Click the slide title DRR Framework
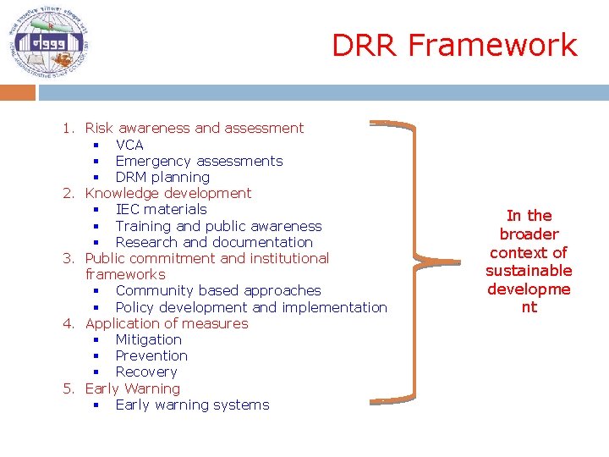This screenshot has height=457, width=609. [454, 45]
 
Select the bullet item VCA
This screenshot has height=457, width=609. [129, 145]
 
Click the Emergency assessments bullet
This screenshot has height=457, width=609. [199, 161]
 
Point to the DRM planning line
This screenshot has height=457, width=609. [162, 177]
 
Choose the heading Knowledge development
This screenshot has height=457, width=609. [168, 193]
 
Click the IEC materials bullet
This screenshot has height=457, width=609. [161, 209]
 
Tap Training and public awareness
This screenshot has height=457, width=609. [218, 226]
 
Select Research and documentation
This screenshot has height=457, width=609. [214, 242]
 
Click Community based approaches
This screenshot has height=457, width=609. [218, 290]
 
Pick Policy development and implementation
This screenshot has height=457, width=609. [251, 307]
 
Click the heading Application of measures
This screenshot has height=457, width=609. [167, 323]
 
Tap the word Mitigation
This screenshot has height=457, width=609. [148, 339]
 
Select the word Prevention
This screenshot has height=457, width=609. [151, 355]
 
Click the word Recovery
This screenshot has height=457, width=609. [146, 372]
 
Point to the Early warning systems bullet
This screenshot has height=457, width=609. [192, 405]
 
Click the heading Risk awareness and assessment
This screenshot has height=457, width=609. [194, 128]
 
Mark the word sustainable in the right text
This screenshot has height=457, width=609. [529, 271]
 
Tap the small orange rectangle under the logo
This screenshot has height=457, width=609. [18, 92]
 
